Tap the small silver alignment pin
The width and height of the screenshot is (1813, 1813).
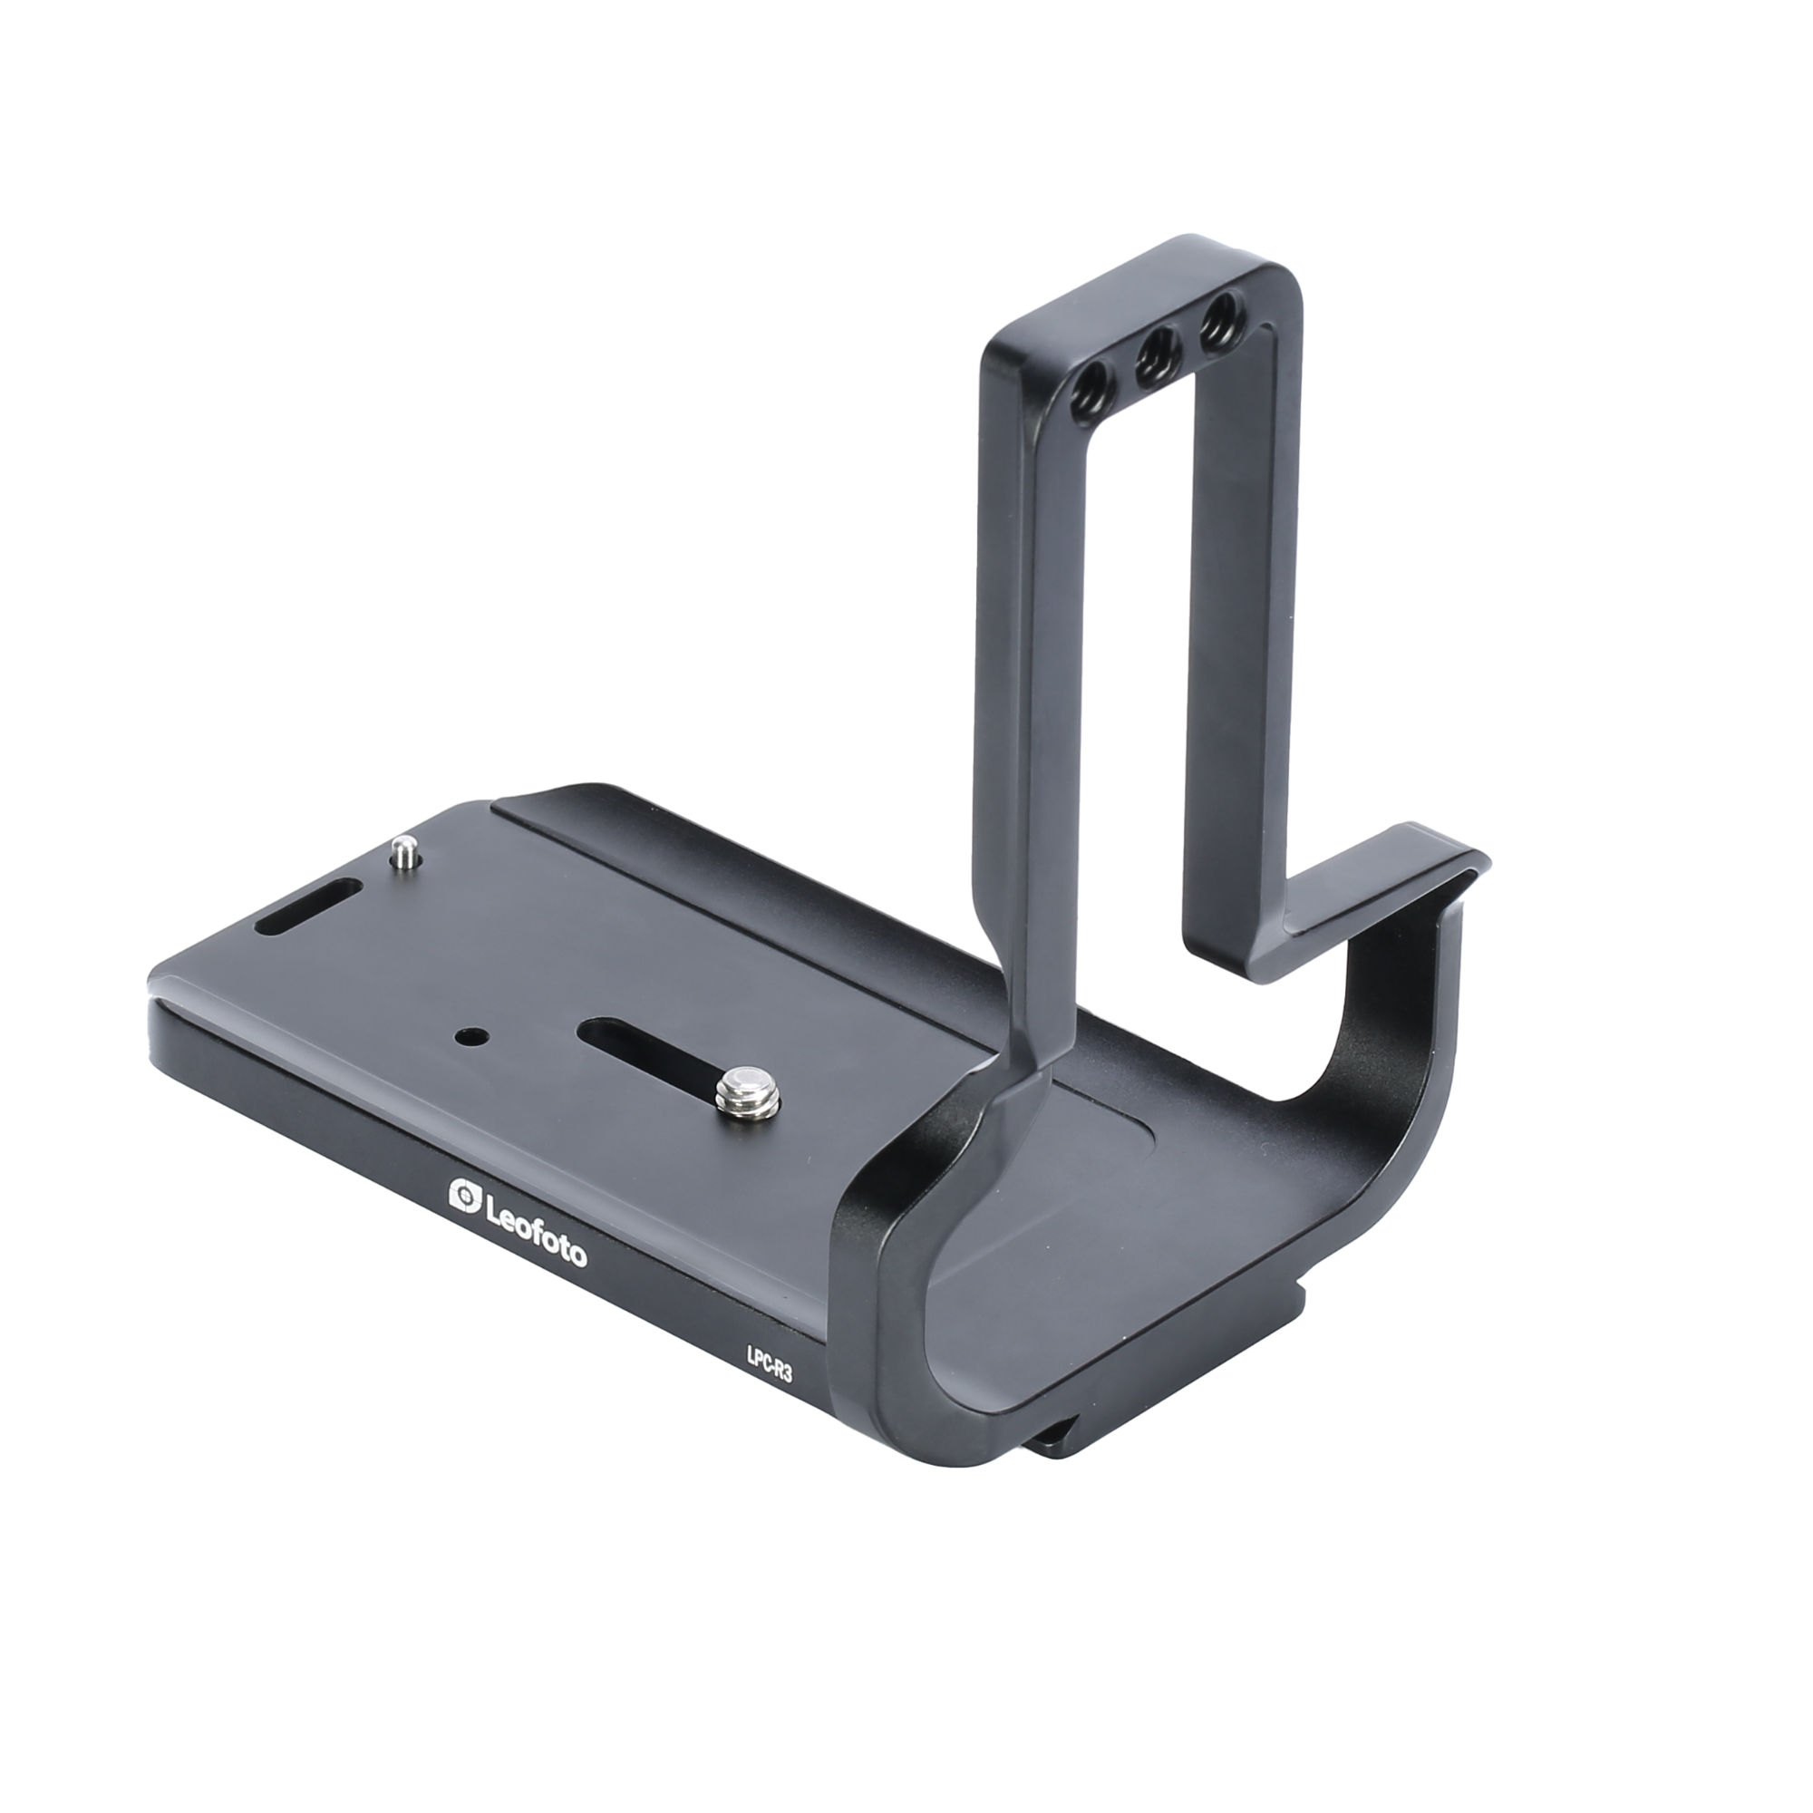pos(405,853)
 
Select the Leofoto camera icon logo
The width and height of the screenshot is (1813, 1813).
pos(464,1196)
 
